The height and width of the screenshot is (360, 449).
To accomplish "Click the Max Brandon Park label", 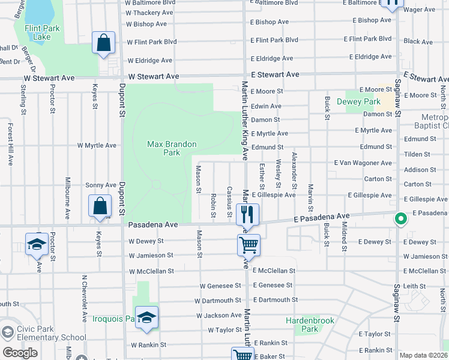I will (x=163, y=148).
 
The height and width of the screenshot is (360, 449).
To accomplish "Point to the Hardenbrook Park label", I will (x=301, y=325).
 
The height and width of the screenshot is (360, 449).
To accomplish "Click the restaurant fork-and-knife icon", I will (x=248, y=214).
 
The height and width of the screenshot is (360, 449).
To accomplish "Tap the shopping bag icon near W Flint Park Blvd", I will (x=104, y=43).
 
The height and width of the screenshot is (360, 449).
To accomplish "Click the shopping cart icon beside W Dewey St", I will (x=249, y=244).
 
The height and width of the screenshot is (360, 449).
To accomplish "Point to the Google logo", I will (x=20, y=353).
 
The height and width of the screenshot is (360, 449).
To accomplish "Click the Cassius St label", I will (x=229, y=202).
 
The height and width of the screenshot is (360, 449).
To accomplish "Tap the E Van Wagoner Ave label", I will (x=363, y=163).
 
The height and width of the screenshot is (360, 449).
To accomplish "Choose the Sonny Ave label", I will (x=100, y=185).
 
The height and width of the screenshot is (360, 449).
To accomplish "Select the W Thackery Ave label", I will (x=149, y=13).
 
